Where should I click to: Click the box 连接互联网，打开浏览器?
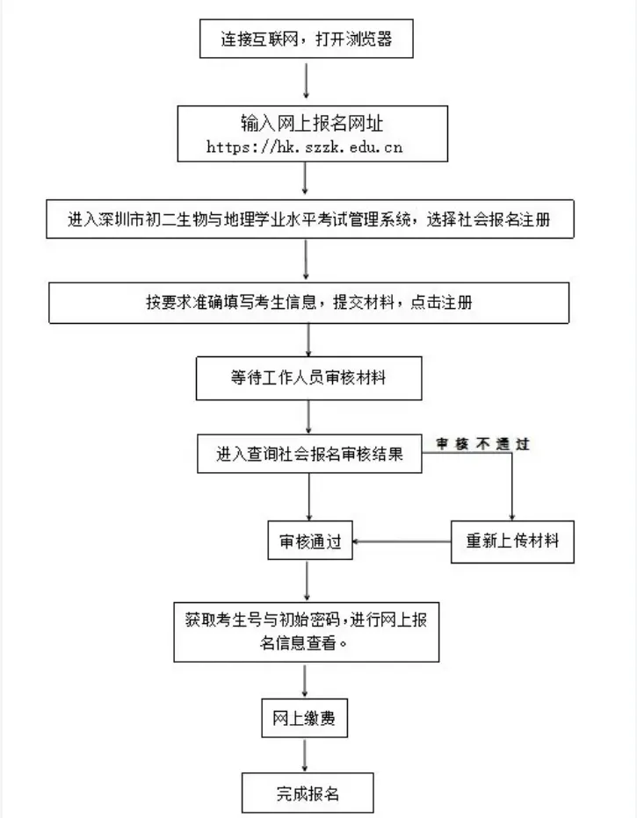click(x=306, y=39)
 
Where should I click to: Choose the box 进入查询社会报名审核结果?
click(x=310, y=455)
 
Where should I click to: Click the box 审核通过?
click(x=309, y=542)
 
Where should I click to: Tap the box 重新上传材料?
click(x=512, y=542)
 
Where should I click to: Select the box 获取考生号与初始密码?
click(x=307, y=630)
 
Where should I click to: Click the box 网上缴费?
click(x=305, y=720)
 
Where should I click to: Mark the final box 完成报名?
click(x=308, y=793)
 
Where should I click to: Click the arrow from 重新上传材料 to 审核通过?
click(x=402, y=542)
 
